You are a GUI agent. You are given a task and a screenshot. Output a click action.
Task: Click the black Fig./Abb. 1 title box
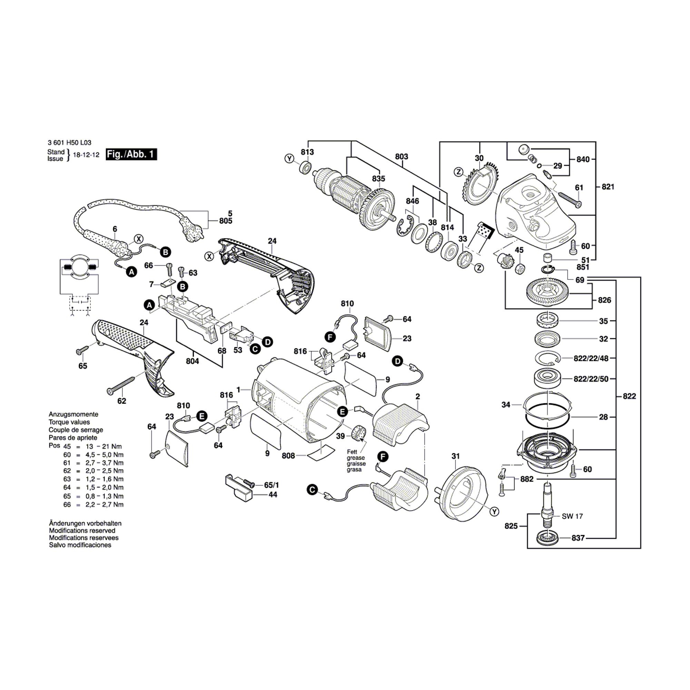pyautogui.click(x=131, y=154)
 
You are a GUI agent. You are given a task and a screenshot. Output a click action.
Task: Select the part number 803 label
pyautogui.click(x=402, y=156)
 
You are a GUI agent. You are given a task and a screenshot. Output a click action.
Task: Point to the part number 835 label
pyautogui.click(x=378, y=178)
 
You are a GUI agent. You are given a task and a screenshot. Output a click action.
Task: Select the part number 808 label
pyautogui.click(x=288, y=456)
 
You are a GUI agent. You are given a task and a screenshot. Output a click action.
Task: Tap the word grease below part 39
pyautogui.click(x=356, y=458)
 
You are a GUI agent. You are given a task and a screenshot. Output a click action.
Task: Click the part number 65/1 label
pyautogui.click(x=272, y=485)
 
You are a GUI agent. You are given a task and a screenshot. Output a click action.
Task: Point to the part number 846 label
pyautogui.click(x=413, y=201)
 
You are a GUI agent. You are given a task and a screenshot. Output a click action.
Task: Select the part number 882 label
pyautogui.click(x=527, y=479)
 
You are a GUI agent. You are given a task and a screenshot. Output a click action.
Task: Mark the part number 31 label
pyautogui.click(x=455, y=456)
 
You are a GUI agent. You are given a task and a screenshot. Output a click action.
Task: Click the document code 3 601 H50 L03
pyautogui.click(x=69, y=142)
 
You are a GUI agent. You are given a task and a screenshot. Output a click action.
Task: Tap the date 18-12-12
pyautogui.click(x=86, y=155)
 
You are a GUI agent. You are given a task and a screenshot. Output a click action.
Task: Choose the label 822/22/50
pyautogui.click(x=591, y=379)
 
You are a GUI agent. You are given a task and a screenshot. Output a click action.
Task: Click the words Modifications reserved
pyautogui.click(x=82, y=531)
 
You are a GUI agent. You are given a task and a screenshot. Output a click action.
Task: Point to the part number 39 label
pyautogui.click(x=341, y=436)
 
